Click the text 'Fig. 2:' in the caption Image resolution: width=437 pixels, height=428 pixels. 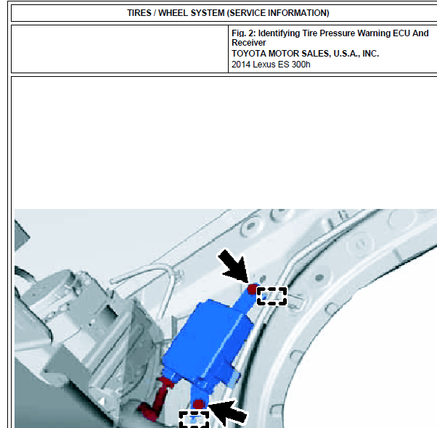pyautogui.click(x=244, y=33)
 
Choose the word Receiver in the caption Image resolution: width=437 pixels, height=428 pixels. pyautogui.click(x=248, y=43)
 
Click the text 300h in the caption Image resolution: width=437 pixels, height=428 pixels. pyautogui.click(x=301, y=65)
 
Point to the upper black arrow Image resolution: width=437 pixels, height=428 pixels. pyautogui.click(x=234, y=266)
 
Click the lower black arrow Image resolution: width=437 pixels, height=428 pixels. pyautogui.click(x=229, y=412)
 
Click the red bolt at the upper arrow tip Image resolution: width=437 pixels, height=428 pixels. pyautogui.click(x=253, y=289)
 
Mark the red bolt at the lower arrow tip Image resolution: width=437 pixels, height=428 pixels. pyautogui.click(x=199, y=404)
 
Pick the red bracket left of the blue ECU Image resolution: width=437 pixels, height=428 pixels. pyautogui.click(x=156, y=398)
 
